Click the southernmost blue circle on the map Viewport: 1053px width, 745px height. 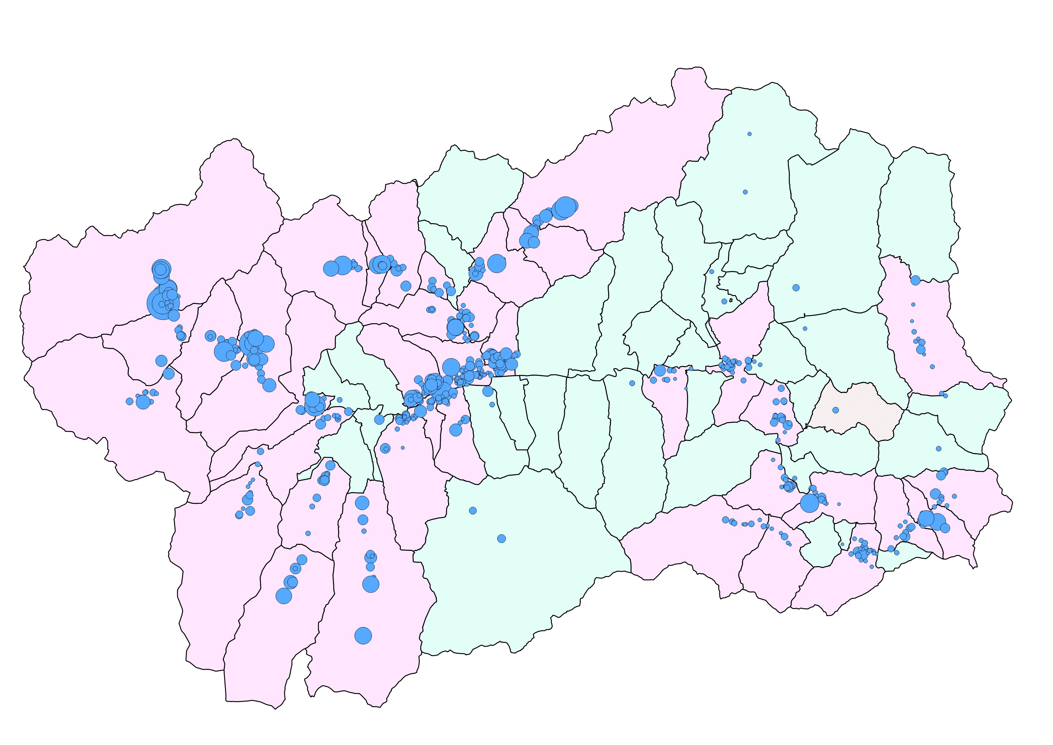coord(363,635)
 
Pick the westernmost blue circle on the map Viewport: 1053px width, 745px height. coord(129,401)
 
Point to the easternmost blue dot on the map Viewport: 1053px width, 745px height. coord(955,496)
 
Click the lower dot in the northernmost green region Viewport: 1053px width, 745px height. coord(745,192)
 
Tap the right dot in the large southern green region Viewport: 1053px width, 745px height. coord(501,538)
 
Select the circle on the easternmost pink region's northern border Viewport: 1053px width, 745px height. coord(915,280)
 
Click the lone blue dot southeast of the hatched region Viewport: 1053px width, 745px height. coord(938,448)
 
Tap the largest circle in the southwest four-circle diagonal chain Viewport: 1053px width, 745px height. coord(284,596)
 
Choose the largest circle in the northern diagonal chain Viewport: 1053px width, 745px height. coord(564,208)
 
